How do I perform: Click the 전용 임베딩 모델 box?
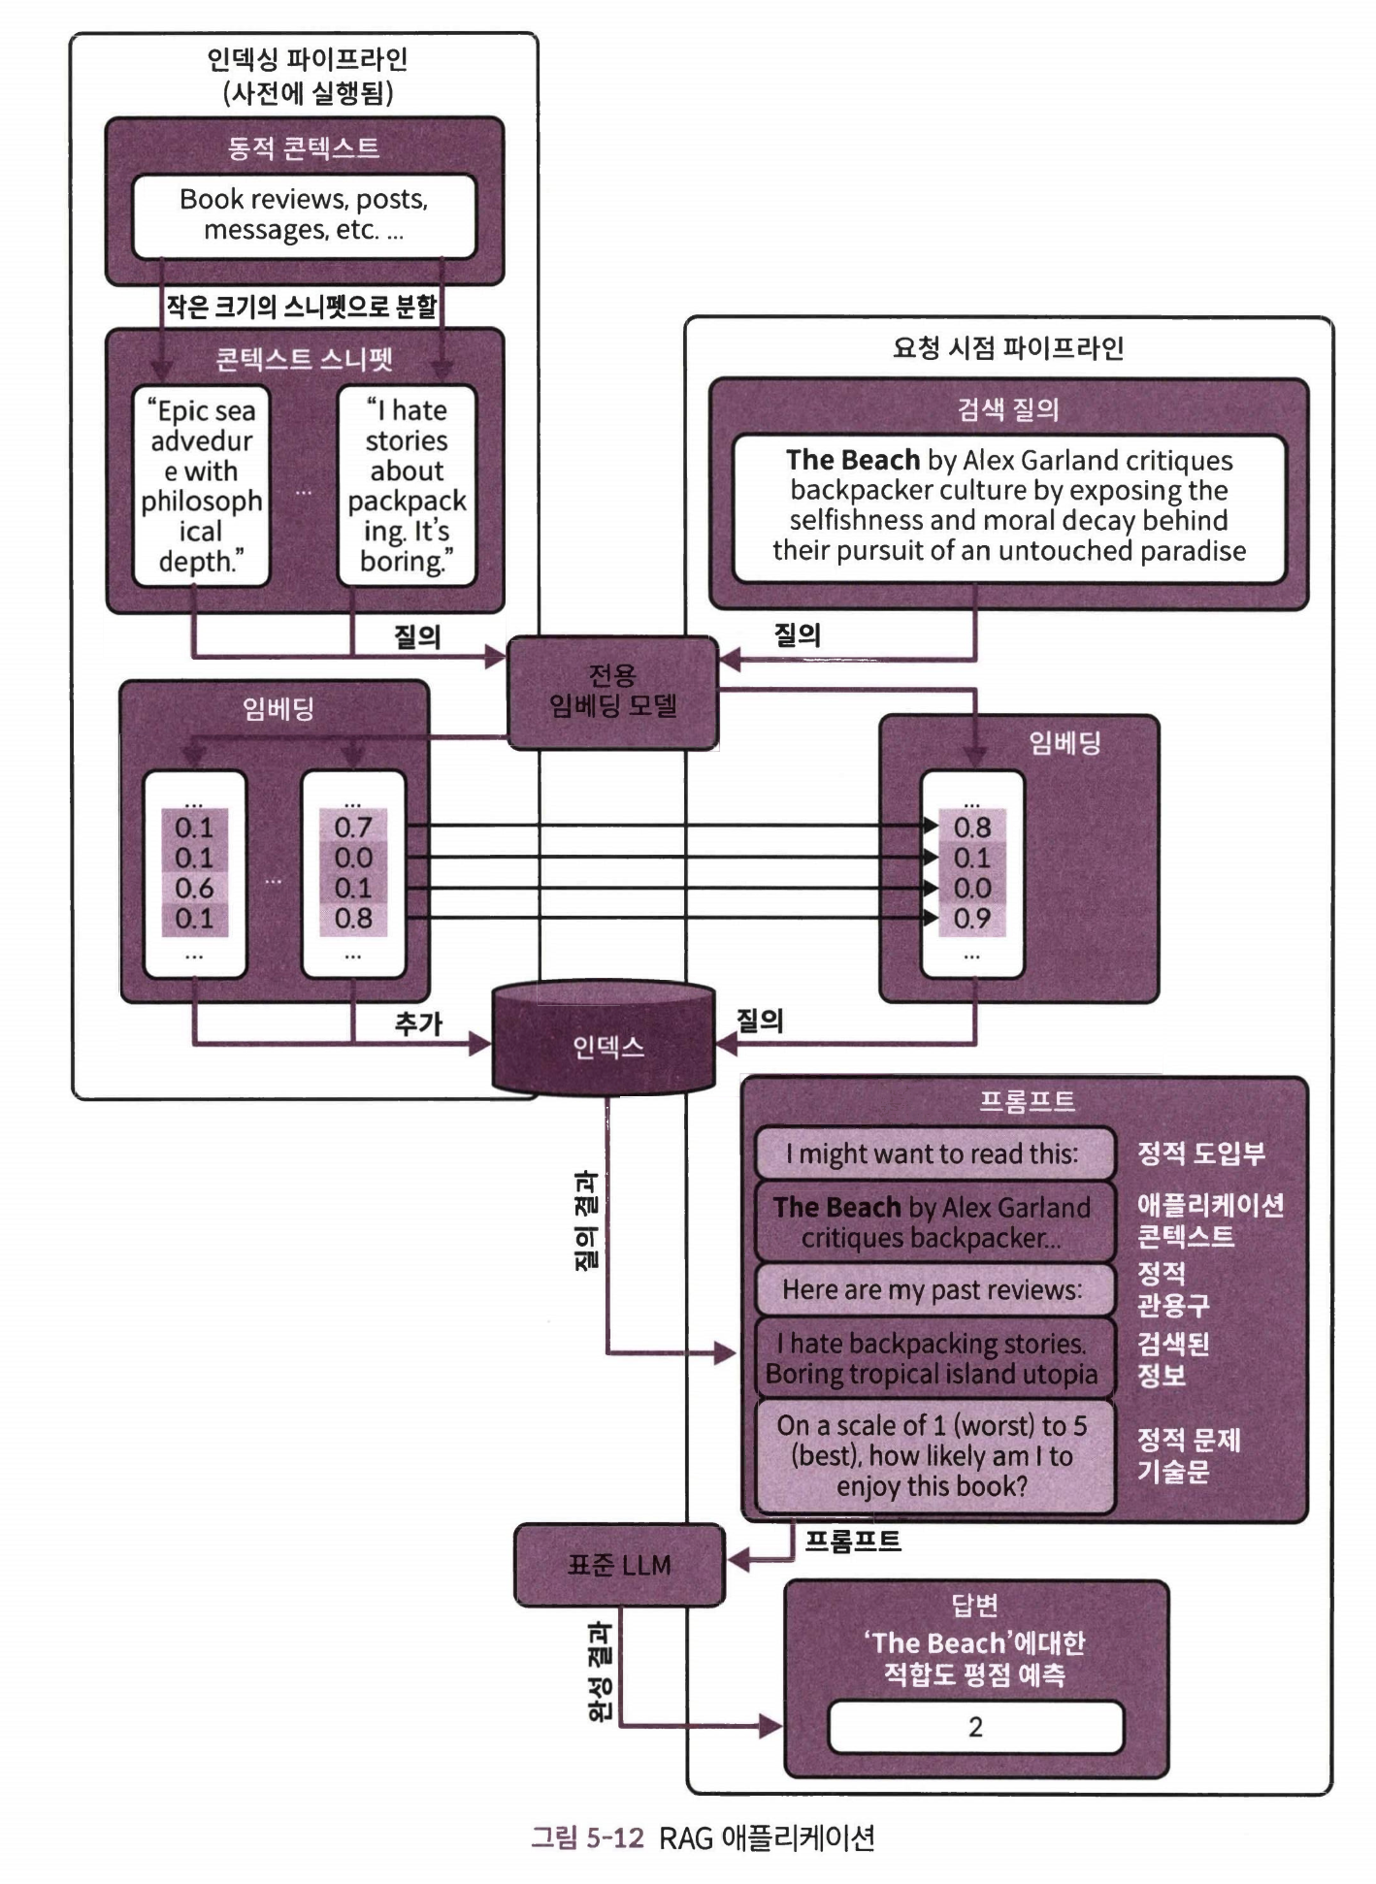(612, 692)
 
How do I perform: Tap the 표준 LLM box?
(619, 1565)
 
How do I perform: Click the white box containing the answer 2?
(975, 1727)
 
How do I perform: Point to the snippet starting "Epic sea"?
(201, 486)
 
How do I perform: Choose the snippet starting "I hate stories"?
(407, 486)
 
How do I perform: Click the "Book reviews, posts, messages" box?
(304, 214)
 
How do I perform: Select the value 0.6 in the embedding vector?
(194, 888)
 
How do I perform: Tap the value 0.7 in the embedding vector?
(353, 828)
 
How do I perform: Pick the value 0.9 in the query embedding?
(972, 918)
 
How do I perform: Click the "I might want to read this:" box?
(933, 1153)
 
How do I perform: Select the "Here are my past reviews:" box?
(933, 1289)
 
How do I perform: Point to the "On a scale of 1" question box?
(933, 1455)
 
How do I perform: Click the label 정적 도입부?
(1201, 1153)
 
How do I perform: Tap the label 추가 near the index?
(418, 1023)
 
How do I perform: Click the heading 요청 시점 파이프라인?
(1008, 348)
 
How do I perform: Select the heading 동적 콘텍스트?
(304, 147)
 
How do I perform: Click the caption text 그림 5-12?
(587, 1837)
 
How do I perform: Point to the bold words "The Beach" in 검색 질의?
(852, 460)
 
